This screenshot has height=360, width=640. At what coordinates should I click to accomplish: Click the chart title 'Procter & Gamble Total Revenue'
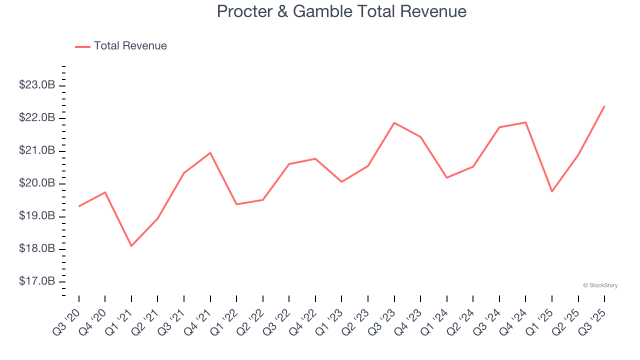click(341, 11)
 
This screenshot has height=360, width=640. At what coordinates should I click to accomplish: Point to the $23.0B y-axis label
click(36, 85)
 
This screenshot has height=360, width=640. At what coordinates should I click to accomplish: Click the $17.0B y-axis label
click(36, 282)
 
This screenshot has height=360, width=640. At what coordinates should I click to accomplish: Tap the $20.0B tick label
click(36, 183)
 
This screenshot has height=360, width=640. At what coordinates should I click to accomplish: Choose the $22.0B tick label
click(36, 118)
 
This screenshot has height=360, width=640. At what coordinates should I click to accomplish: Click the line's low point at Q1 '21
click(131, 246)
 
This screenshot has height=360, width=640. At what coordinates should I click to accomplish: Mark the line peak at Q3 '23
click(394, 122)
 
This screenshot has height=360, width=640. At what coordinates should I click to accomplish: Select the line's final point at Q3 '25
click(604, 106)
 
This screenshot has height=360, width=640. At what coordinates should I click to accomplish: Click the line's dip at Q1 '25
click(552, 191)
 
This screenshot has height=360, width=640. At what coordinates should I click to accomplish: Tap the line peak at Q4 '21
click(210, 152)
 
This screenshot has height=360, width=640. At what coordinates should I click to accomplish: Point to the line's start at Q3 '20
click(79, 206)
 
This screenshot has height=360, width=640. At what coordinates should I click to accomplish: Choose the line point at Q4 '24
click(525, 122)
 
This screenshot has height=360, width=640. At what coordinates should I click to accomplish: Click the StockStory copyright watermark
click(600, 285)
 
